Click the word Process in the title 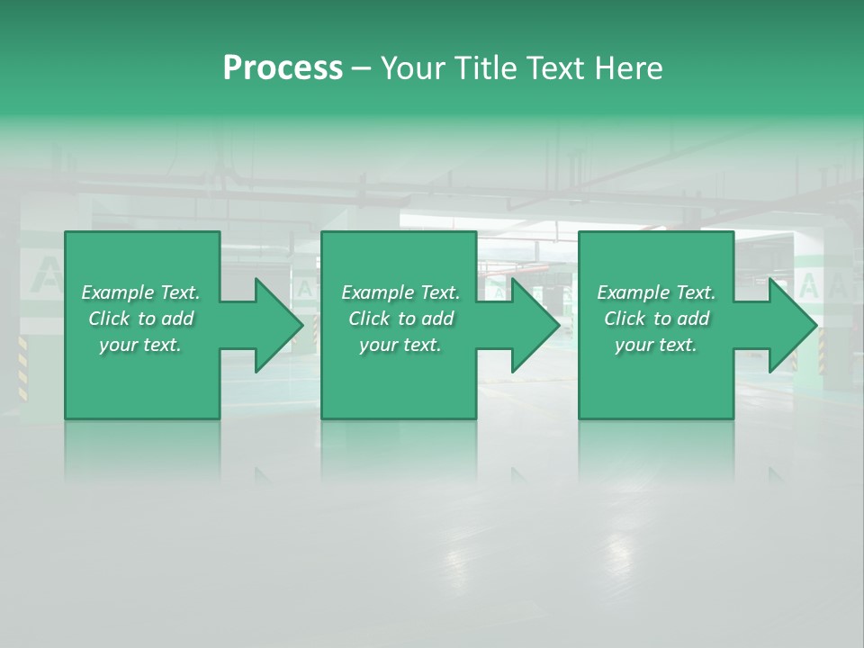[x=283, y=68]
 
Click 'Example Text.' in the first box [x=140, y=292]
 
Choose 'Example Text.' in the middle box [x=400, y=292]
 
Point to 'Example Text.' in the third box [x=656, y=292]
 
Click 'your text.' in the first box [x=140, y=345]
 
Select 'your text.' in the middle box [x=400, y=345]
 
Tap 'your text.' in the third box [x=656, y=345]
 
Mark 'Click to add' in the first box [x=140, y=319]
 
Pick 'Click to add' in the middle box [x=400, y=319]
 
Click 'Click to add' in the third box [x=656, y=319]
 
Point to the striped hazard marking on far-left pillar [x=22, y=367]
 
